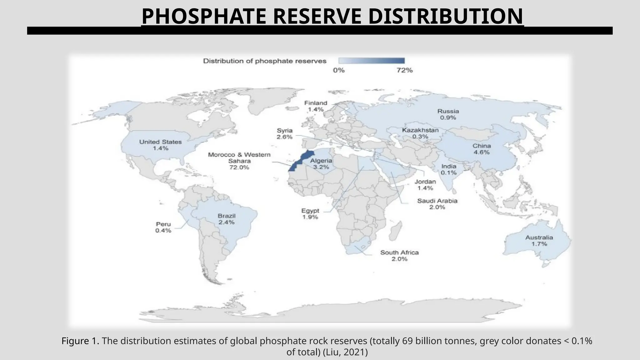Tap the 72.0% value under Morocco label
coord(239,167)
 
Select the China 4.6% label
coord(481,149)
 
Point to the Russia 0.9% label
coord(448,114)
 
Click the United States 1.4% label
coord(160,145)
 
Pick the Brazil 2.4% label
coord(227,219)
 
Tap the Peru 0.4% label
coord(163,227)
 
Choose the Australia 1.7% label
coord(539,241)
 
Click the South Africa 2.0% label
coord(399,256)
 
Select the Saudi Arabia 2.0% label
coord(437,204)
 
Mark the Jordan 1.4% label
coord(425,185)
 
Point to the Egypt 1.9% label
coord(310,214)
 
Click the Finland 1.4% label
coord(316,106)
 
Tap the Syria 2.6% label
coord(284,134)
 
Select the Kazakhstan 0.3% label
coord(420,133)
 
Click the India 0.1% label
coord(448,169)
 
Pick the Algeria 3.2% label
coord(321,164)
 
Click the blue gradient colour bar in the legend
coord(371,61)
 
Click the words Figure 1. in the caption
coord(80,341)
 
